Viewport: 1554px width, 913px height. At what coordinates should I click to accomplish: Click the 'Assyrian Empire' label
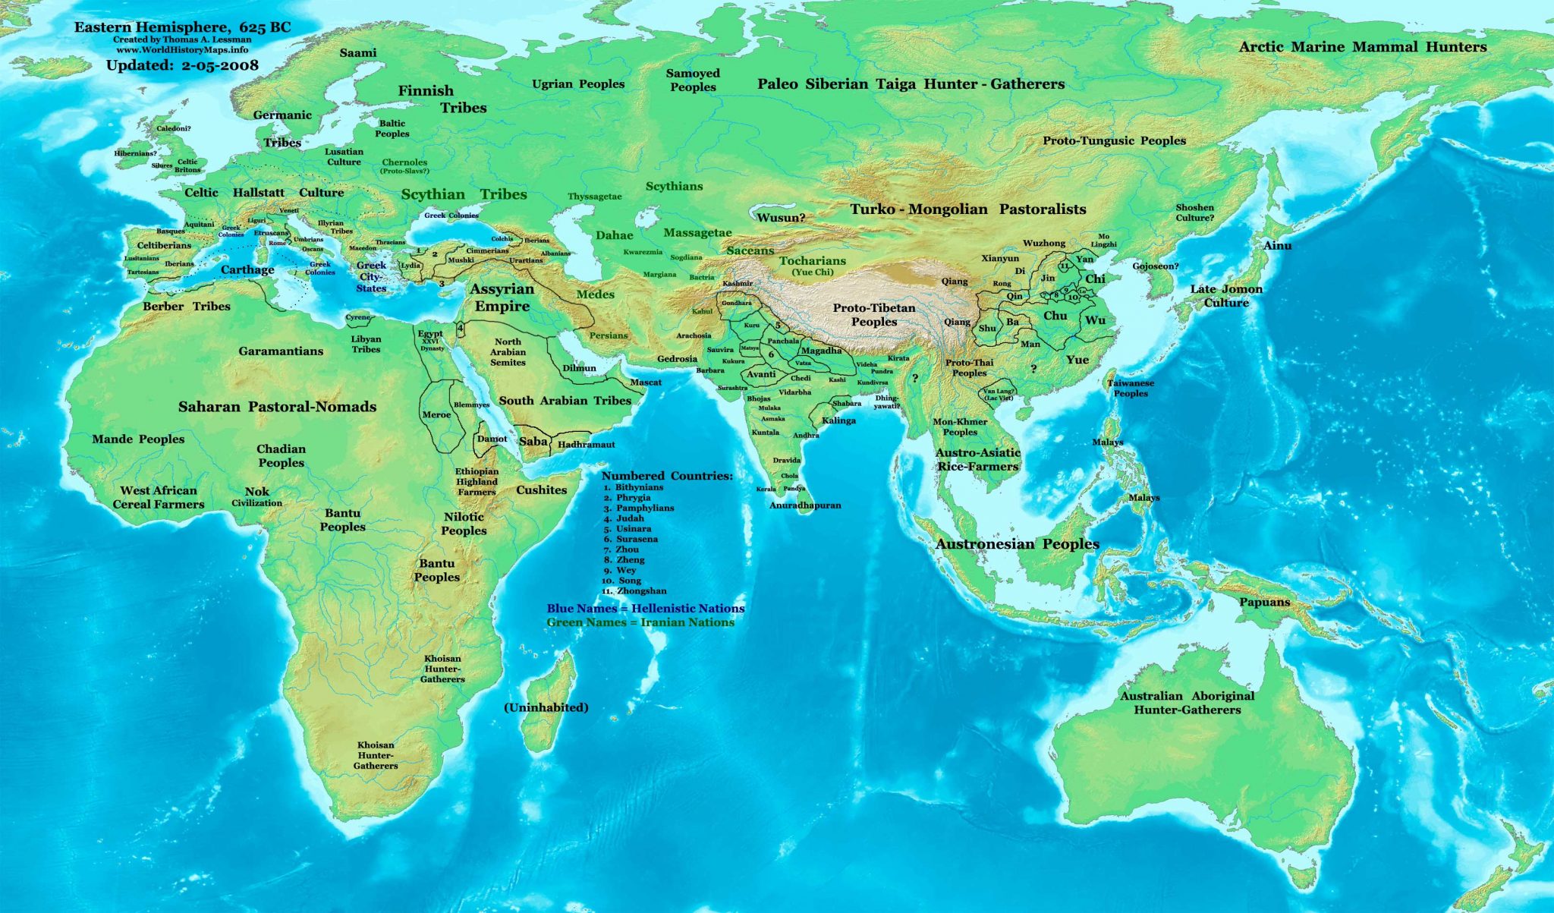pyautogui.click(x=502, y=298)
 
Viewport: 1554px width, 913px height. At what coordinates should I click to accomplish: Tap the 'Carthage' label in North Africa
pyautogui.click(x=247, y=269)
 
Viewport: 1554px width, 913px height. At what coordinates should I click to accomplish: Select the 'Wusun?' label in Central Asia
pyautogui.click(x=781, y=218)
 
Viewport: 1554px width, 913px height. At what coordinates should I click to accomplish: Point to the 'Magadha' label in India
pyautogui.click(x=821, y=351)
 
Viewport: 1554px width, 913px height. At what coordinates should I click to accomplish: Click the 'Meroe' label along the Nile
pyautogui.click(x=436, y=414)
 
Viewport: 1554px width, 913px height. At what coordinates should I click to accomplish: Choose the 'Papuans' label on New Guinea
pyautogui.click(x=1264, y=602)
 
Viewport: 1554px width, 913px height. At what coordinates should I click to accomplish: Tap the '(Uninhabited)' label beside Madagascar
pyautogui.click(x=546, y=707)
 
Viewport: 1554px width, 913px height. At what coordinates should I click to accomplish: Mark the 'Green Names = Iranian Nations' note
pyautogui.click(x=640, y=622)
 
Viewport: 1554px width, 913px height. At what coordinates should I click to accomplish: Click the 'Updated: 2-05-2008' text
pyautogui.click(x=182, y=65)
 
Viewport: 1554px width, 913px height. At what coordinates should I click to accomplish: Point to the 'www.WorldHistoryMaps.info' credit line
pyautogui.click(x=182, y=49)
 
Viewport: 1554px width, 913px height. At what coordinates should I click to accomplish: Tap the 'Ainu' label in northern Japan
pyautogui.click(x=1277, y=245)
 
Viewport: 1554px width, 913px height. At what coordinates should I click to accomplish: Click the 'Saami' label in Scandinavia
pyautogui.click(x=357, y=52)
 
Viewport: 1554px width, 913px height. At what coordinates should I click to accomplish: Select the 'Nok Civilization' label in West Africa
pyautogui.click(x=256, y=496)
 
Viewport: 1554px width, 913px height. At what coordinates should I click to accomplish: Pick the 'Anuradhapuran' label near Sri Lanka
pyautogui.click(x=805, y=505)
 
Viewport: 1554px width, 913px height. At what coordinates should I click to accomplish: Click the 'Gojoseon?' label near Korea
pyautogui.click(x=1155, y=266)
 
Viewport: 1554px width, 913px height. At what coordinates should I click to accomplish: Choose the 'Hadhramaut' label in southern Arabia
pyautogui.click(x=586, y=444)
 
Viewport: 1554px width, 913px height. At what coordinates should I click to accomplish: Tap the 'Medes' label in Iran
pyautogui.click(x=595, y=294)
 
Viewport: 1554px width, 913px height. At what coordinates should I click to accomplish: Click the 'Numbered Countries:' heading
pyautogui.click(x=667, y=476)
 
